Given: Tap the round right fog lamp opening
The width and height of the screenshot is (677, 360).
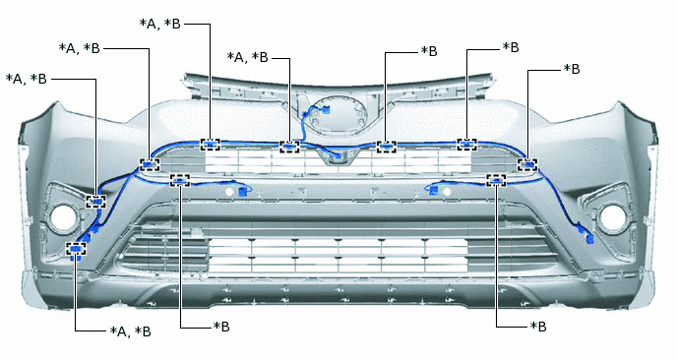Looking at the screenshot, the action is [612, 217].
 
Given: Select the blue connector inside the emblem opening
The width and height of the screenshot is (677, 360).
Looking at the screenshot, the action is [327, 110].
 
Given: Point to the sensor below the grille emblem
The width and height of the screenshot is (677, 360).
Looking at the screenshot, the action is [338, 157].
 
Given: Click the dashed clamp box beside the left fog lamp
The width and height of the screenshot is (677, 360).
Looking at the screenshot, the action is [95, 202].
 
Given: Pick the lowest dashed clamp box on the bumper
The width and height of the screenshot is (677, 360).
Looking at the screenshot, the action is [76, 249].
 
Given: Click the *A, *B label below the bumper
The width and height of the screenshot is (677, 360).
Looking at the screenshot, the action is [131, 331].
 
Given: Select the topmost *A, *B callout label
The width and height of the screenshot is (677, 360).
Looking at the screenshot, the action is [160, 24].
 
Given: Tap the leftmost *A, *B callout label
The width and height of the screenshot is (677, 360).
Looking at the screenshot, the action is [27, 79].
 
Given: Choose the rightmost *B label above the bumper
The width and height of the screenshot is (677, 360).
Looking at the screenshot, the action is [572, 69].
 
